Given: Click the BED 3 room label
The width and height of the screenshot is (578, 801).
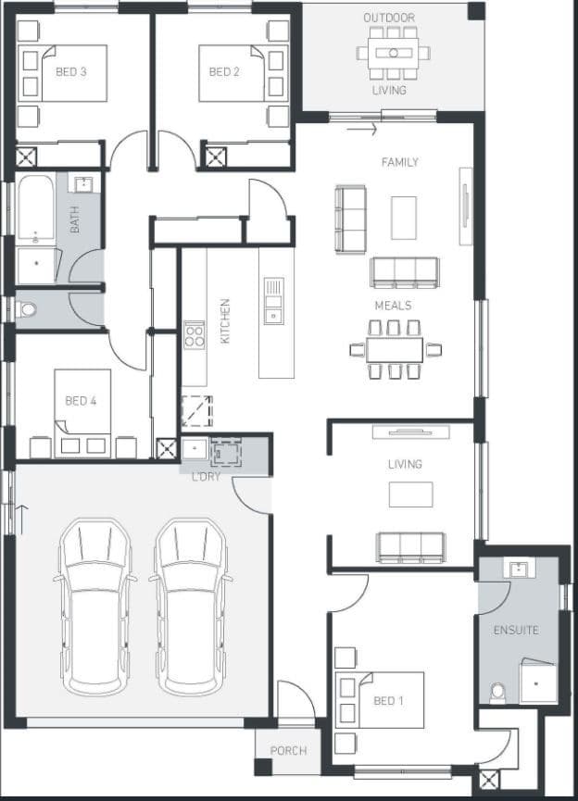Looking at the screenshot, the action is pos(71,72).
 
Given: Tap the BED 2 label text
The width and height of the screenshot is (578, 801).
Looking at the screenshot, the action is pos(224,72).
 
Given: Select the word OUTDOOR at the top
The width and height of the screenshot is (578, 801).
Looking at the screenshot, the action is pos(389,18).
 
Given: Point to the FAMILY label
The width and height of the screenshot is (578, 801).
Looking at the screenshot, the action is pos(399,162).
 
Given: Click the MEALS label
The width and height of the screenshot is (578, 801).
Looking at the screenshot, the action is pos(393,306).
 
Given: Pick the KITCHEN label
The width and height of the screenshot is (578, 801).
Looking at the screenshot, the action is pos(225,320).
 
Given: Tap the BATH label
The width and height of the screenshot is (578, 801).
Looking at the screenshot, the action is pos(75,219).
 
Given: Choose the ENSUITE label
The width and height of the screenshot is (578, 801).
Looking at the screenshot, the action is pos(516,631).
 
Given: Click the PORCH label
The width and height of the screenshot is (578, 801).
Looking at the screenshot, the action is pos(288,751).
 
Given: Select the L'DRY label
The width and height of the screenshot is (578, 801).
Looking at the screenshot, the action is pos(206,477).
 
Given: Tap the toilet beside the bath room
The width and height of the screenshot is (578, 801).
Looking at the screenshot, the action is pos(27,309).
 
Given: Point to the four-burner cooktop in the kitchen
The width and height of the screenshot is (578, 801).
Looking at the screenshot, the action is pos(195,335).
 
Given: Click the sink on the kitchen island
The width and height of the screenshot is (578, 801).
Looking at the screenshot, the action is pos(274,300).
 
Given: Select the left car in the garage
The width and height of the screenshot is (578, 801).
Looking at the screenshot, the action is pos(95,607).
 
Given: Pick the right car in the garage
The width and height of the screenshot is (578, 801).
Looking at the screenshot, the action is pos(191,607).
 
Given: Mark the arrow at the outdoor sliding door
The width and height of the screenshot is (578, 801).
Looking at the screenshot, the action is pos(362,130).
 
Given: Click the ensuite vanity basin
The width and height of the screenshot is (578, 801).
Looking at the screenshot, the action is pos(520,568).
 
